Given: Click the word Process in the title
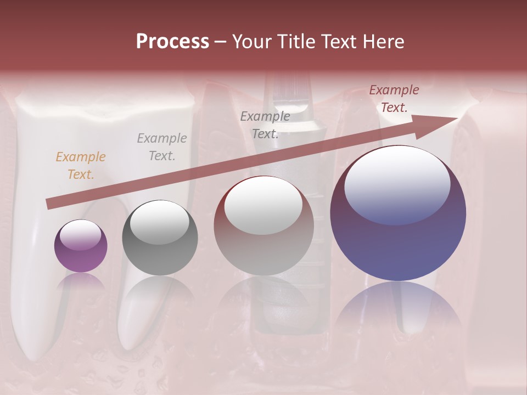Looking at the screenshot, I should [172, 42].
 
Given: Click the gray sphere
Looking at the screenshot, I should [160, 238].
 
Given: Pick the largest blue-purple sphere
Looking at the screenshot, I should [398, 213].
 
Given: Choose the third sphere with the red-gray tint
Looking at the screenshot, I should [263, 226].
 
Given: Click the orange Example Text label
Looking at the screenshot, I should [81, 166].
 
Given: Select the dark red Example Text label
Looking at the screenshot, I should [394, 99].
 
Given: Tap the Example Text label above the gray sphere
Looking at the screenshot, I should [162, 147].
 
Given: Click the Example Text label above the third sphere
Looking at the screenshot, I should [265, 125].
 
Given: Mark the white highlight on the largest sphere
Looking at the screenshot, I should [397, 184].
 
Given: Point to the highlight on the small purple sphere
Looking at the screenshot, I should [80, 235].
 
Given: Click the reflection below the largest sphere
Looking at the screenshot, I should [398, 307].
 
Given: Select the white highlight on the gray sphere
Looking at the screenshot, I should [159, 222].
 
